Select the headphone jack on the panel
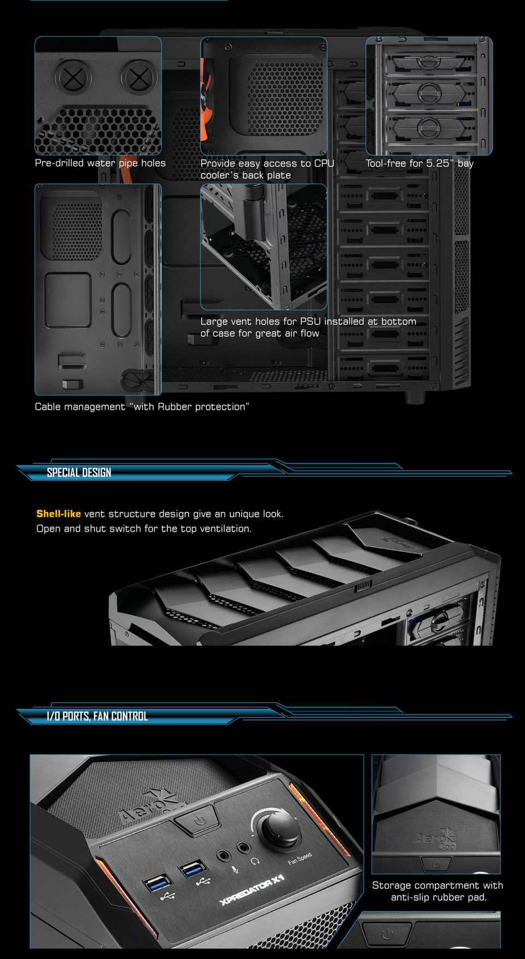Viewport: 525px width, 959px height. pyautogui.click(x=244, y=848)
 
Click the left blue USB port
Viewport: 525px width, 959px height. pyautogui.click(x=157, y=882)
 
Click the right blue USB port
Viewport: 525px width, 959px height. pyautogui.click(x=194, y=869)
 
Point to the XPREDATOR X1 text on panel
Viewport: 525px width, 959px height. pyautogui.click(x=252, y=890)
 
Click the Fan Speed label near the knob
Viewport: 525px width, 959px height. pyautogui.click(x=300, y=858)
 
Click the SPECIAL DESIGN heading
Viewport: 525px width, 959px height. pyautogui.click(x=79, y=473)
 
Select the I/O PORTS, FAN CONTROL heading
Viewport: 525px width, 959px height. pyautogui.click(x=97, y=716)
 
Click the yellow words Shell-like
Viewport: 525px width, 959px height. pyautogui.click(x=59, y=514)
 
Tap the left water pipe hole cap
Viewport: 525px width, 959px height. pyautogui.click(x=73, y=77)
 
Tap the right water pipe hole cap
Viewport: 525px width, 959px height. pyautogui.click(x=138, y=77)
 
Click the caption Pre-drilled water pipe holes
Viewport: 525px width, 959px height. pyautogui.click(x=100, y=163)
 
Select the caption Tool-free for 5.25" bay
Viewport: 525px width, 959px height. pyautogui.click(x=419, y=163)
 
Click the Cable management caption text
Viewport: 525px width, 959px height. pyautogui.click(x=142, y=406)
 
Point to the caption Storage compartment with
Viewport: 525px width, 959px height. pyautogui.click(x=437, y=885)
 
